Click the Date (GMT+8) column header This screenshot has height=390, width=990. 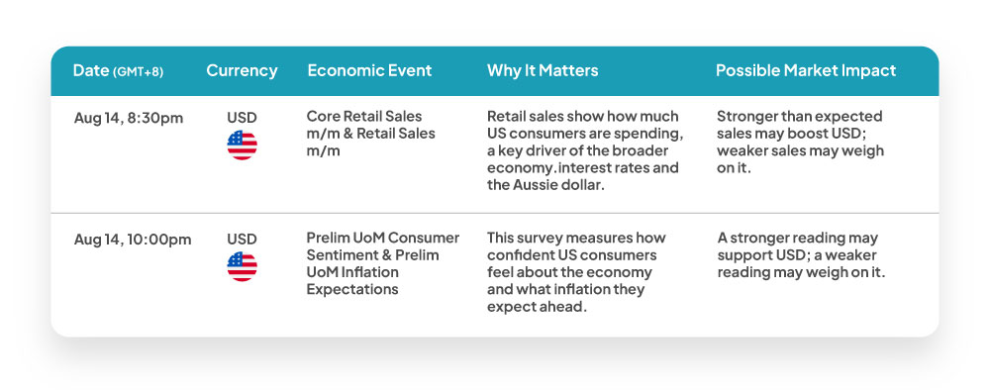[x=118, y=70]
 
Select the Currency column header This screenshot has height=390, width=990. [x=242, y=70]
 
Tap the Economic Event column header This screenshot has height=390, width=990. [x=369, y=70]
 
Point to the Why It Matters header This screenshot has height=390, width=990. [x=543, y=70]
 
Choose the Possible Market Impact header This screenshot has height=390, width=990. [x=806, y=70]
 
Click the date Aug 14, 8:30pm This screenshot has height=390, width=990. [x=129, y=118]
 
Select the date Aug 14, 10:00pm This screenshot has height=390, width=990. [x=133, y=240]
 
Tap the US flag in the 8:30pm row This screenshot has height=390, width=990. [x=242, y=146]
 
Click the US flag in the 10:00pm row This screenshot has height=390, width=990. [x=242, y=267]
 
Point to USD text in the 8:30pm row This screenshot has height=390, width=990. [x=242, y=118]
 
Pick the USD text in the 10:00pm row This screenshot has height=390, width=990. [x=242, y=240]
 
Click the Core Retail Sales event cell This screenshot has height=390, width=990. [x=370, y=134]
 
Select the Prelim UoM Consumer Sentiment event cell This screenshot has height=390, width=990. [x=383, y=263]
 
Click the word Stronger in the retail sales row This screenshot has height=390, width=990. [x=746, y=118]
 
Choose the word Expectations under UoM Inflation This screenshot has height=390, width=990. [x=352, y=290]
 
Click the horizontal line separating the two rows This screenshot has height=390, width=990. [x=495, y=213]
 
